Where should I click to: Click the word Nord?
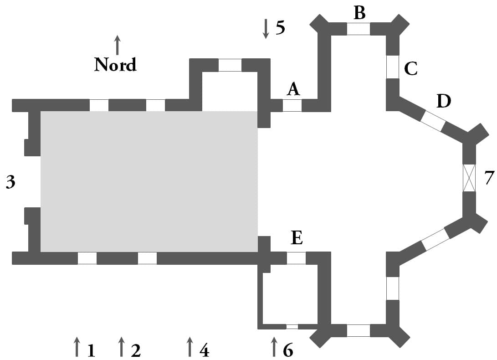[115, 64]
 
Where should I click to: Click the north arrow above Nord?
[117, 45]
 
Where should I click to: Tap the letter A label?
[293, 89]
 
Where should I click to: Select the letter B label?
[359, 13]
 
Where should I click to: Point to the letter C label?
[411, 68]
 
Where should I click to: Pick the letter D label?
[443, 101]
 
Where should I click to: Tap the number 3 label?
[10, 182]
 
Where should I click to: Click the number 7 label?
[489, 178]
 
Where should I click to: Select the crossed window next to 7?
[469, 178]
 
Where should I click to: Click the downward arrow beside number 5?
[266, 29]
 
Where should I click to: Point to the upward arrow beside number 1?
[77, 347]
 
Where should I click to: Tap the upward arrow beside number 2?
[121, 347]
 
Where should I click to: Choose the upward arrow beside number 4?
[190, 347]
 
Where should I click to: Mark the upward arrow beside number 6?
[274, 347]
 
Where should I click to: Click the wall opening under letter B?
[359, 29]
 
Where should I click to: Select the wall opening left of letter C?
[392, 67]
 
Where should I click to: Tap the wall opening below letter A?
[292, 105]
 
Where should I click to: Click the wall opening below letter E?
[297, 258]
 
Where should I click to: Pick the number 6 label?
[288, 350]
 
